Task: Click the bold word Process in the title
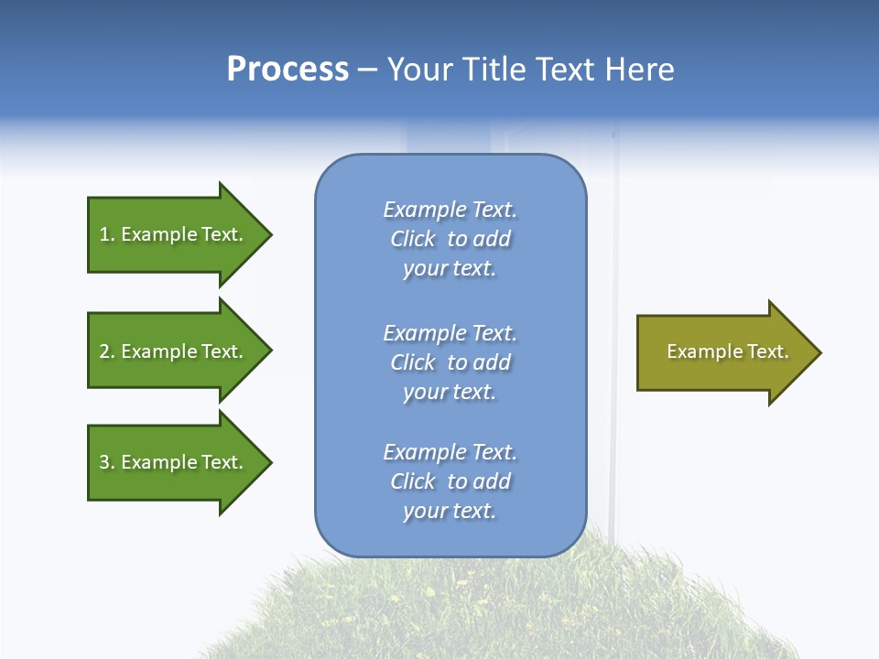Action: (x=288, y=70)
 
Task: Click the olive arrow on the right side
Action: (x=723, y=352)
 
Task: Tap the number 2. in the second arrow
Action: (x=107, y=351)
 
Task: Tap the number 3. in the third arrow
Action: (x=107, y=462)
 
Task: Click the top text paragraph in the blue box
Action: (x=450, y=239)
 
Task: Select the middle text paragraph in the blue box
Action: (x=450, y=362)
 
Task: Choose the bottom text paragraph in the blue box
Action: (x=450, y=481)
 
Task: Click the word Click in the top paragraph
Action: (x=413, y=240)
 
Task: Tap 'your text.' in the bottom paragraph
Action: (x=450, y=511)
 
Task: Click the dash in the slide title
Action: (x=368, y=70)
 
